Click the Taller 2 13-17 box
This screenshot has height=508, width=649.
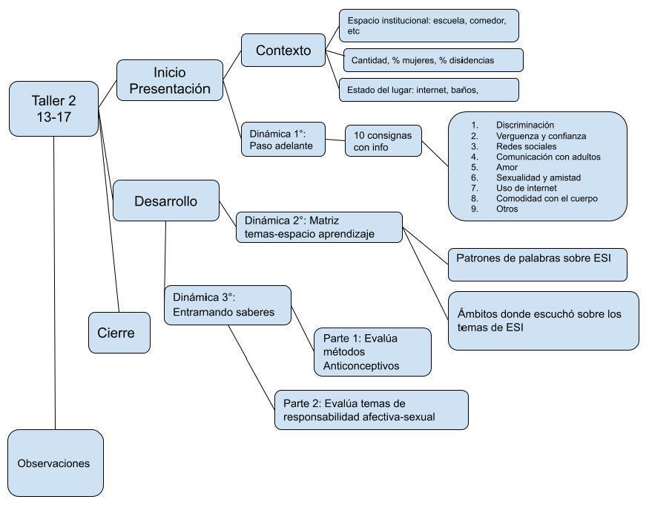[x=54, y=108]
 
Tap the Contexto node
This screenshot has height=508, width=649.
[x=283, y=51]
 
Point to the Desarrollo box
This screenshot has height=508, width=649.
[x=155, y=201]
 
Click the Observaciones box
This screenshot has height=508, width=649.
[x=54, y=463]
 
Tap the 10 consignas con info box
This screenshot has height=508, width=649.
[x=383, y=140]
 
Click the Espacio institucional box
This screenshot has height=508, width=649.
[x=428, y=26]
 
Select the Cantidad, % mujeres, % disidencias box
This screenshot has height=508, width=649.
[x=433, y=59]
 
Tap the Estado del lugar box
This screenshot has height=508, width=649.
[x=427, y=91]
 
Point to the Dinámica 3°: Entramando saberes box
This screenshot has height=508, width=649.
[x=228, y=305]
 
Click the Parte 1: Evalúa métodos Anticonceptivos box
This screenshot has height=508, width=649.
[x=372, y=351]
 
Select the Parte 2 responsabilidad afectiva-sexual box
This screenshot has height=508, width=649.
[x=372, y=410]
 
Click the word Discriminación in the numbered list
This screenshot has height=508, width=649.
[x=526, y=125]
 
